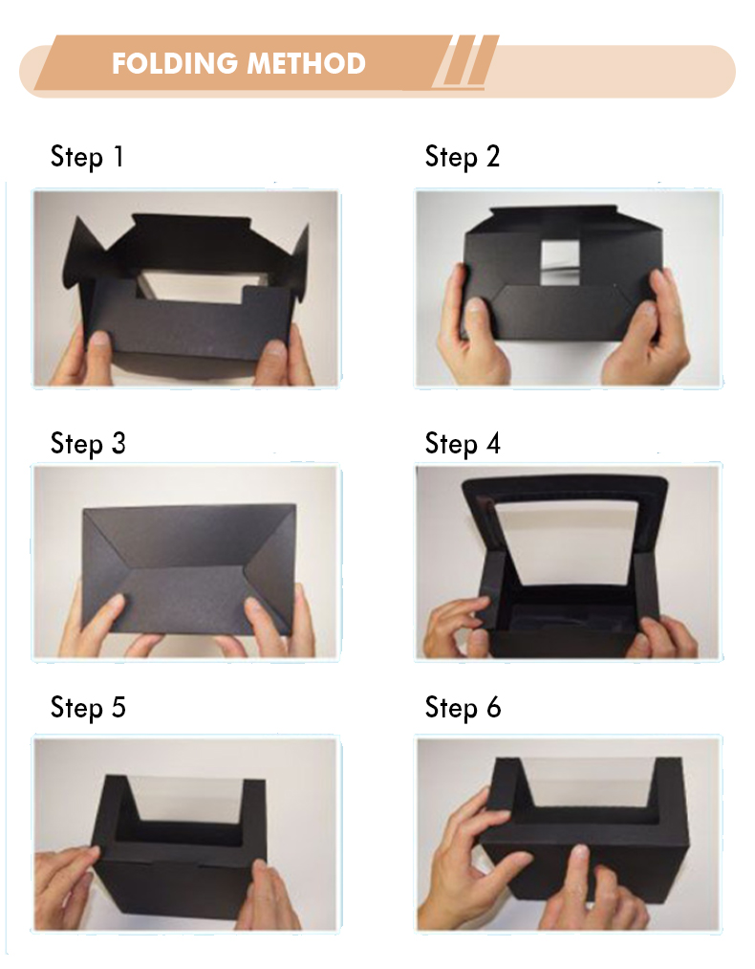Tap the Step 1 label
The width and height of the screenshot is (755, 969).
pos(87,156)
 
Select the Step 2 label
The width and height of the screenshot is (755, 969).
pos(463,156)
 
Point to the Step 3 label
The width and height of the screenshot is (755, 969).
pos(88,444)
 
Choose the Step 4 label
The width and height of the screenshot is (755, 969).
pos(463,444)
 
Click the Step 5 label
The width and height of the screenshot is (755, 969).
pos(88,708)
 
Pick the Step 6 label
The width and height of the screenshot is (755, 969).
pos(463,708)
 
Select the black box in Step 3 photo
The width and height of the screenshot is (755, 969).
pos(189,568)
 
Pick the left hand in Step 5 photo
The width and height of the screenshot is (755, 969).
pos(65,881)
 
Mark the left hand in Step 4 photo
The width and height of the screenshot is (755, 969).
pos(457,628)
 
